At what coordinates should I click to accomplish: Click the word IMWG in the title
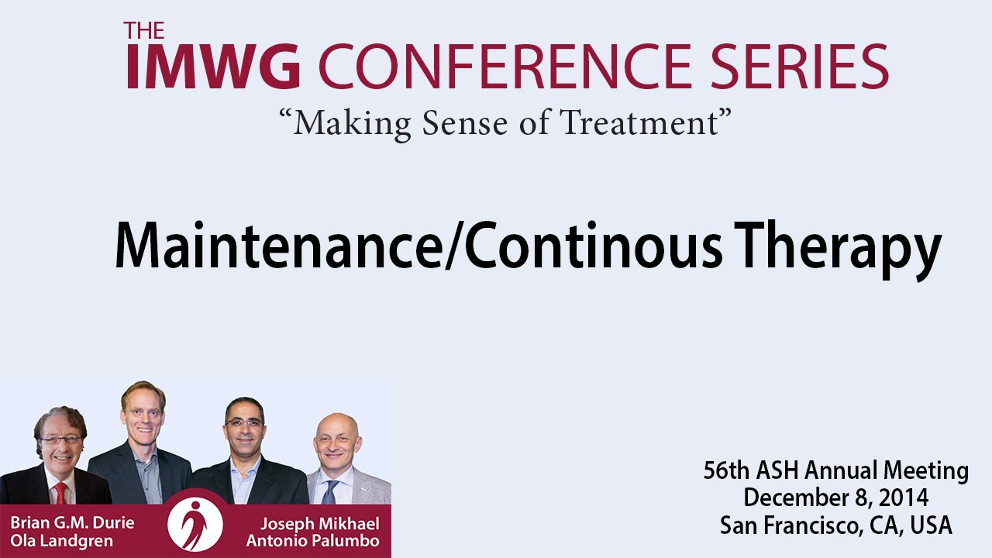click(213, 66)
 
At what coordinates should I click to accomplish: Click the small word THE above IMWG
click(144, 30)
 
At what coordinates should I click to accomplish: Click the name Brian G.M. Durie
click(72, 523)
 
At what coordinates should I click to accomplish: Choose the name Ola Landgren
click(61, 541)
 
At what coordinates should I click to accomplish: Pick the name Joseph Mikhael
click(320, 524)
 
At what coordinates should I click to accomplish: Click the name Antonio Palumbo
click(312, 541)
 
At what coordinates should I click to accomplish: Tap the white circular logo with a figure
click(195, 524)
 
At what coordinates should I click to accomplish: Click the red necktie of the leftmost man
click(60, 493)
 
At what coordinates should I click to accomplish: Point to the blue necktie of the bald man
click(330, 492)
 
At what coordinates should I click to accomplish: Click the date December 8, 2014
click(835, 498)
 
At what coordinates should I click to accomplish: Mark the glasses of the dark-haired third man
click(244, 422)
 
